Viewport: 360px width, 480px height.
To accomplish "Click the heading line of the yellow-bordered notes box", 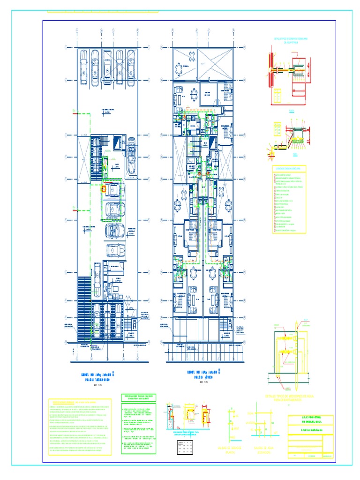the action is point(80,403).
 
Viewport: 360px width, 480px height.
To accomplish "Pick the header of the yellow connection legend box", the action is point(288,168).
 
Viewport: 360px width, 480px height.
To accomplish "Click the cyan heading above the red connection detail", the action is point(289,40).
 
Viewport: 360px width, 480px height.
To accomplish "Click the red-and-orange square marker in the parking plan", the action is point(104,189).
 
